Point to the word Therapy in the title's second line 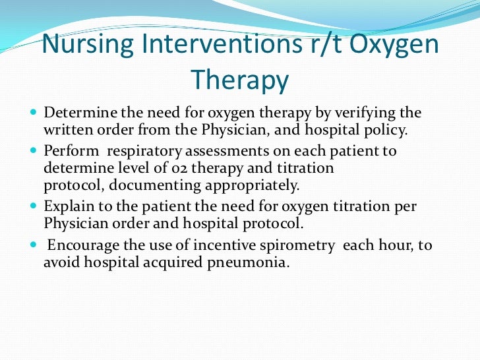coord(240,80)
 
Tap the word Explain coord(67,206)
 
